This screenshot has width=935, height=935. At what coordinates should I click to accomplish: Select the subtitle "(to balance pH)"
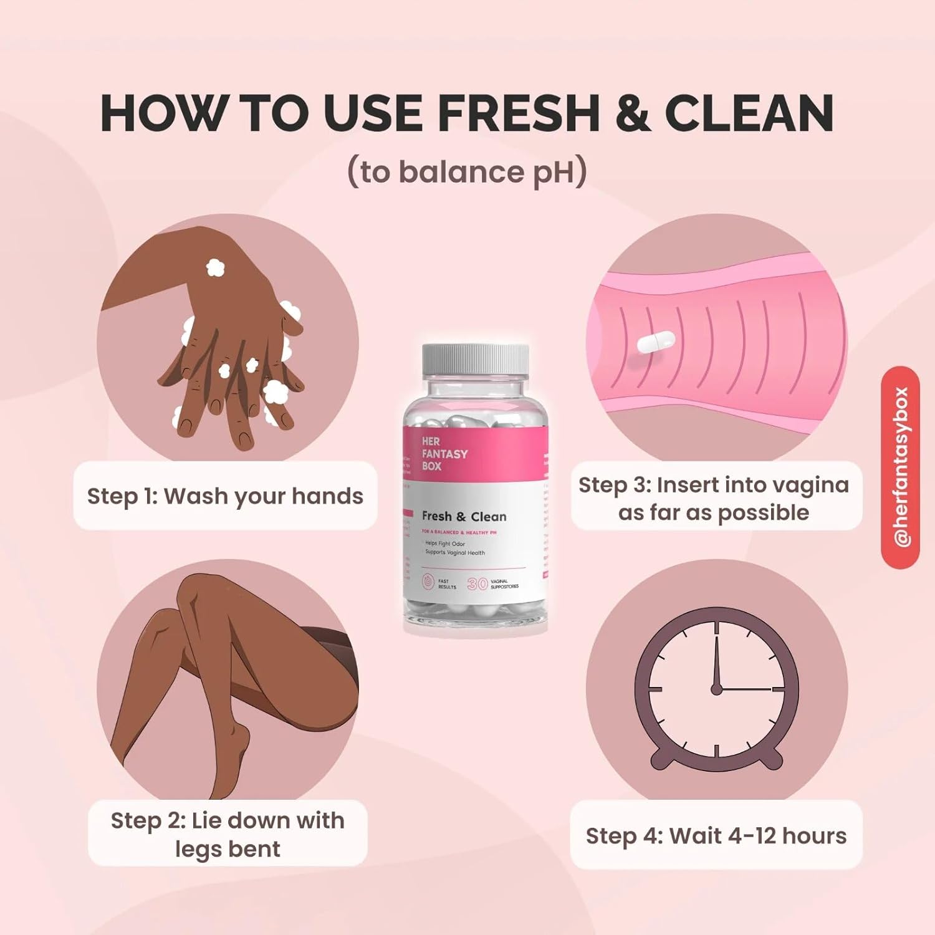[x=467, y=173]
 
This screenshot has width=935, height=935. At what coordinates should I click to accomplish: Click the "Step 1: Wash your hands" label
[x=225, y=496]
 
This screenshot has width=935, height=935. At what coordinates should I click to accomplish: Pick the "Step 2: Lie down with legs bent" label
[x=228, y=834]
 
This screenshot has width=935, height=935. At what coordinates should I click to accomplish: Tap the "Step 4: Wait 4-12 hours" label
[x=716, y=836]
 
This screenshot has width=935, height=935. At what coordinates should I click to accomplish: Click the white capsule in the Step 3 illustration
[x=656, y=342]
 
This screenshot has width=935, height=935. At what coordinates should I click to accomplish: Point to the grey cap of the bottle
[x=475, y=360]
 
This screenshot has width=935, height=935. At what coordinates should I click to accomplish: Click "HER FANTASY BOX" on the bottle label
[x=443, y=453]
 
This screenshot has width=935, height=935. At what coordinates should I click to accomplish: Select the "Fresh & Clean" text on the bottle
[x=464, y=517]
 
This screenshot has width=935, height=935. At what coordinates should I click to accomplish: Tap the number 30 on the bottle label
[x=477, y=583]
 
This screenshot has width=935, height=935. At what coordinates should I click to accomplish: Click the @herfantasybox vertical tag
[x=900, y=467]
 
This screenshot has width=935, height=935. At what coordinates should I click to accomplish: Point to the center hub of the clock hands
[x=716, y=689]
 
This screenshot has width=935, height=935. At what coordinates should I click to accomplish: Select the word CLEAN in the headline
[x=749, y=113]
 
